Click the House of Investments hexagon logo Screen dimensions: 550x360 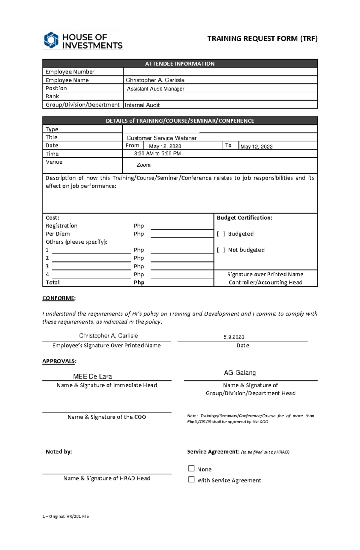coord(51,40)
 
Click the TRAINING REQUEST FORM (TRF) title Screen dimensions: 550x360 coord(262,39)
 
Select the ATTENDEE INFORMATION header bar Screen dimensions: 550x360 coord(180,64)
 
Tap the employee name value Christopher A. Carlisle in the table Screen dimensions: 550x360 coord(155,80)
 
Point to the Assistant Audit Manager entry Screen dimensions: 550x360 coord(155,89)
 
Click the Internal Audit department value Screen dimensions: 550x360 coord(142,105)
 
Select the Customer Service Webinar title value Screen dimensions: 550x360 coord(161,138)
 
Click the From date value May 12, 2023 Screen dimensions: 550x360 coord(165,146)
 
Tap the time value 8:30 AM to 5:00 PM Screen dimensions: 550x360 coord(157,153)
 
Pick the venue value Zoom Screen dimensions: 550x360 coord(143,165)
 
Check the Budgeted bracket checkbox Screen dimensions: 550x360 coord(221,234)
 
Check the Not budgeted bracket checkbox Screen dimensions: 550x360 coord(221,250)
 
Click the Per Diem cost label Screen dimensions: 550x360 coord(58,234)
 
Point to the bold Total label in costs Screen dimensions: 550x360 coord(52,282)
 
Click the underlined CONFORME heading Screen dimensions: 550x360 coord(58,298)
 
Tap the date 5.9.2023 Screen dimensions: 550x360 coord(234,337)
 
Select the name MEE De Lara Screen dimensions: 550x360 coord(92,376)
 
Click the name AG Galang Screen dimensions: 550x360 coord(240,373)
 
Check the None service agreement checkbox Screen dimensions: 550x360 coord(191,468)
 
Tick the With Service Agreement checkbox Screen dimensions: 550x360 coord(191,480)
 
